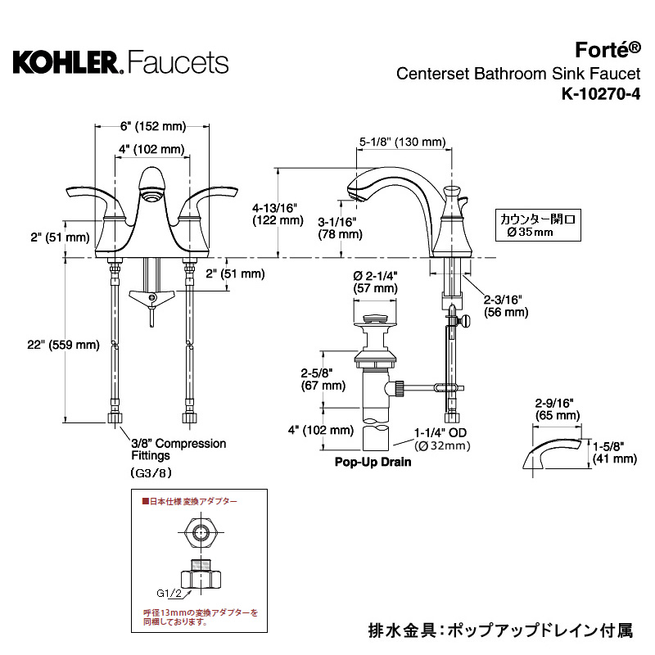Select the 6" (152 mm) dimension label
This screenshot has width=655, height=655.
[x=152, y=126]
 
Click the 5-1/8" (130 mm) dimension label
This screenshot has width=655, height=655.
[x=403, y=142]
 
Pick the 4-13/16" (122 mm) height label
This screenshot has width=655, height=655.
[x=278, y=214]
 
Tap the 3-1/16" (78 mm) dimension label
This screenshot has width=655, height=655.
[x=340, y=228]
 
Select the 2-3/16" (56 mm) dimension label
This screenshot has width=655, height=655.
[x=506, y=306]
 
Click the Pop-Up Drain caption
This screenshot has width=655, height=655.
[x=373, y=462]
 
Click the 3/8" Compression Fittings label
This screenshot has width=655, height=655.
[x=173, y=449]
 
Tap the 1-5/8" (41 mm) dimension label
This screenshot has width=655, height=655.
[x=615, y=453]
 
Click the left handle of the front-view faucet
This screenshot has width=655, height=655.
[x=85, y=196]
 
